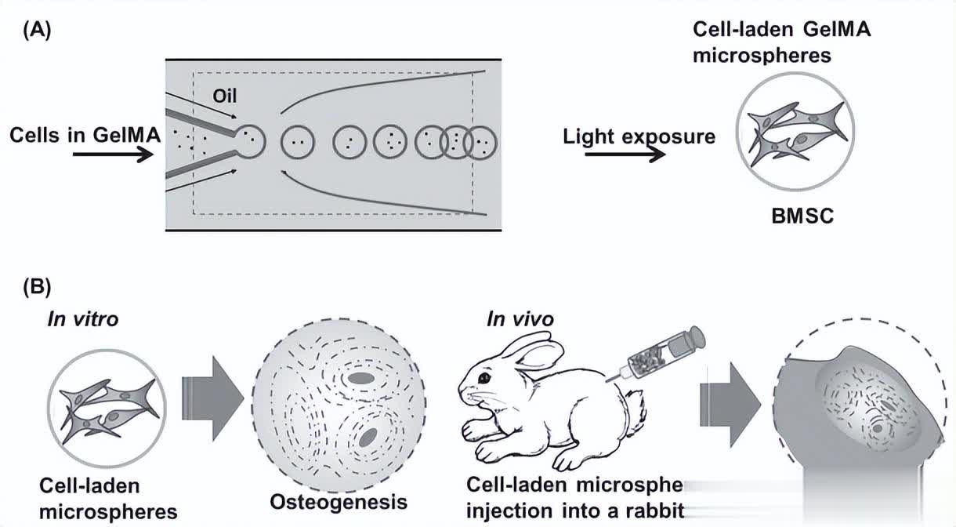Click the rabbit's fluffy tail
click(636, 408)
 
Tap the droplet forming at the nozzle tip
click(250, 141)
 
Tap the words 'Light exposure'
click(639, 136)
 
